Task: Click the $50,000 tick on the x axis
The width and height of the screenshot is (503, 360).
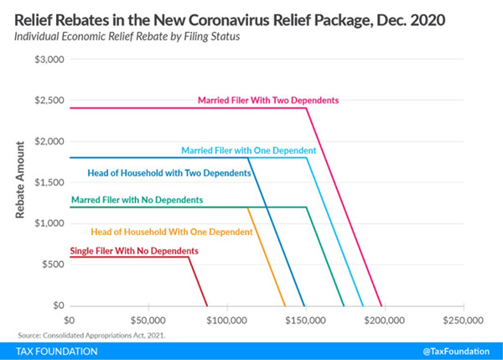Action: click(148, 320)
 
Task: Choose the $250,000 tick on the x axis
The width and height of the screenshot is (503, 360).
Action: click(463, 320)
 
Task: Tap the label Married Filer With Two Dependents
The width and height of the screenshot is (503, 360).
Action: click(267, 100)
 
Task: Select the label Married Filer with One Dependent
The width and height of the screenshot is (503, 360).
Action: click(248, 150)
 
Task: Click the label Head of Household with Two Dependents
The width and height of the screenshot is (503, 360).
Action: click(169, 173)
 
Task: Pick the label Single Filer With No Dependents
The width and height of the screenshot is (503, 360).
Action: click(134, 251)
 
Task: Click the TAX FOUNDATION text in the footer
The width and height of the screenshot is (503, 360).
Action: click(52, 351)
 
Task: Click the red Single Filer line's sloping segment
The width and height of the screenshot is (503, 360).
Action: click(198, 281)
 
